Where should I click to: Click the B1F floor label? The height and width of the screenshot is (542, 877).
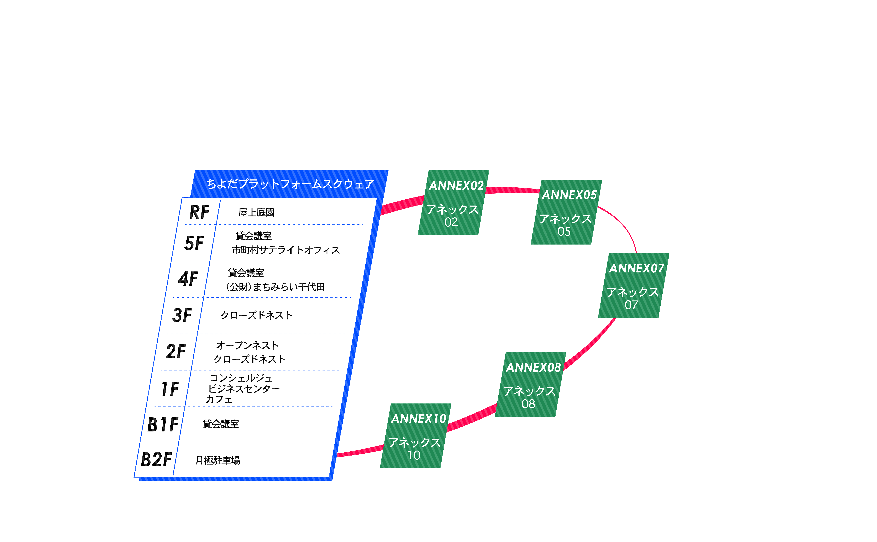click(163, 425)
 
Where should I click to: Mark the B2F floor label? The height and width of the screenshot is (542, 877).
click(156, 460)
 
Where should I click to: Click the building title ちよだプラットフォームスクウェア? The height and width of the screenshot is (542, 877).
click(290, 184)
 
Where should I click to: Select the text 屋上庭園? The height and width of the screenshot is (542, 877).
click(257, 212)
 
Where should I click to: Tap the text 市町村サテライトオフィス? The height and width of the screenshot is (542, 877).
click(286, 250)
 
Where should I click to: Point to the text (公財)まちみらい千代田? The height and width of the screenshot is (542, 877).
click(275, 287)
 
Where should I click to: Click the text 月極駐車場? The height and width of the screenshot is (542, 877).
click(218, 460)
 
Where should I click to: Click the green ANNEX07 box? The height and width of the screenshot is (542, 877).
click(633, 286)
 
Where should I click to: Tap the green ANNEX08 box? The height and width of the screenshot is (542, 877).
click(531, 385)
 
